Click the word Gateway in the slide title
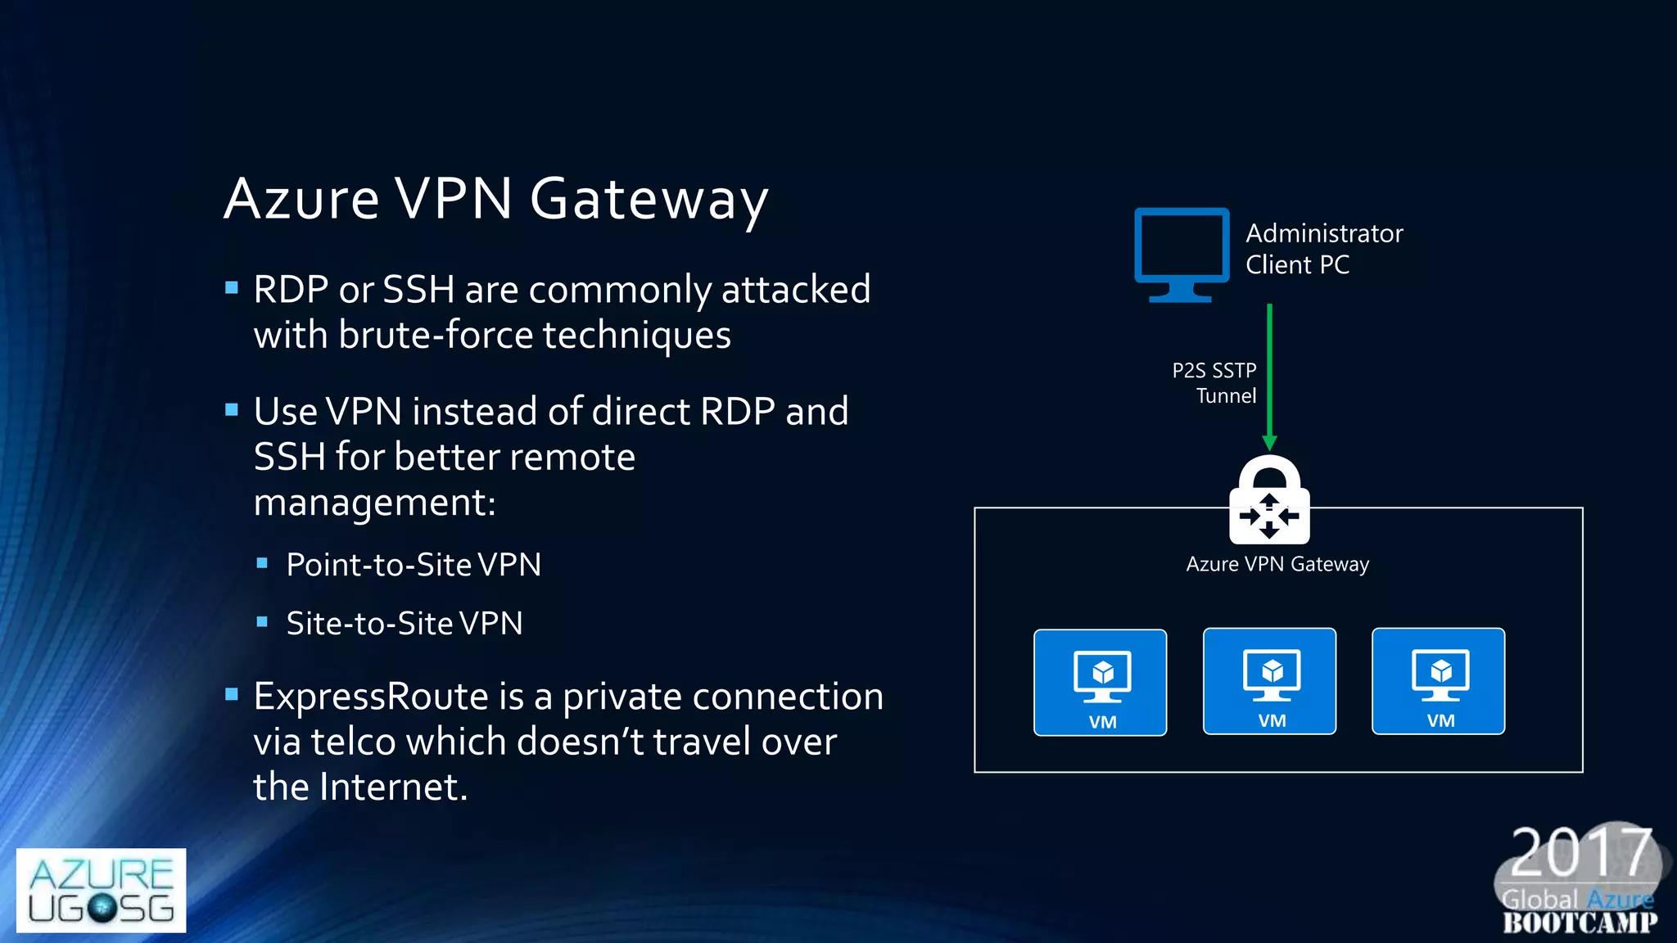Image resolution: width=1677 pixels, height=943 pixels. point(649,199)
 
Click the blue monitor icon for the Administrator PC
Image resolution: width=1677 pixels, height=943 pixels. point(1181,252)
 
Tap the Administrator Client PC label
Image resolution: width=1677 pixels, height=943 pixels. point(1323,249)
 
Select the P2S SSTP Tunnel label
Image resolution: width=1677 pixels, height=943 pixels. point(1214,383)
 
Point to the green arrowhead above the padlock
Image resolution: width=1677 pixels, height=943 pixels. point(1269,443)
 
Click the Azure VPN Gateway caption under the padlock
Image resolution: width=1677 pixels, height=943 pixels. point(1277,564)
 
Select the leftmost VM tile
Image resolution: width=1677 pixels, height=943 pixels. point(1100,682)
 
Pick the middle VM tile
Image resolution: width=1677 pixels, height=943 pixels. point(1269,681)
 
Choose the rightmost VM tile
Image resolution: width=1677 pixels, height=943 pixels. point(1438,681)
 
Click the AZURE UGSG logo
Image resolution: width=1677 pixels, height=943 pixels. point(101,890)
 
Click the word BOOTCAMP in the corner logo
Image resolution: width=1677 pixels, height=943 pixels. point(1580,923)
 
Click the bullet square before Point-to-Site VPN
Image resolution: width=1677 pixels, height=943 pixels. point(262,563)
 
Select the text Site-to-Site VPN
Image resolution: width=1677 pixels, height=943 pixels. point(404,624)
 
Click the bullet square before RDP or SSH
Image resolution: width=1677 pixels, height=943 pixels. point(232,288)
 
